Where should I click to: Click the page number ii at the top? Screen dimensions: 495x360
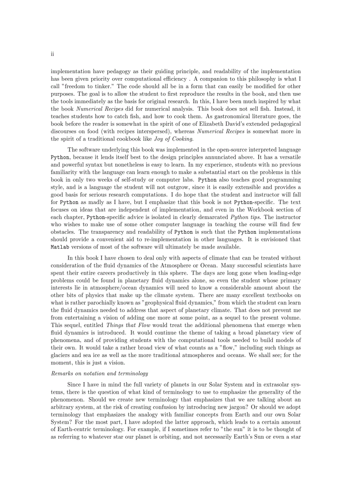click(x=52, y=54)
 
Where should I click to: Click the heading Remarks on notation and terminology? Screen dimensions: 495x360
click(x=99, y=373)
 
